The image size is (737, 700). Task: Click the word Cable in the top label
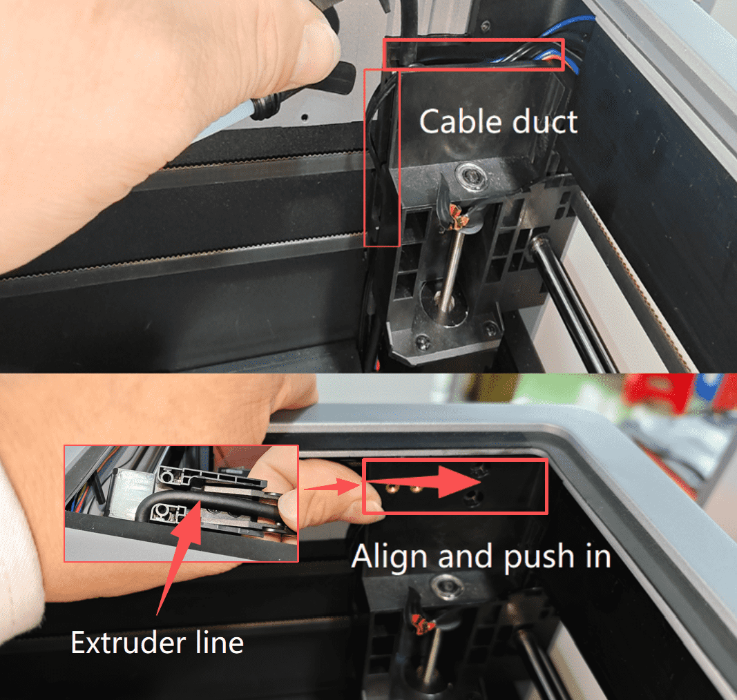coord(460,121)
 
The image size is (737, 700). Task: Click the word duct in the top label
coord(544,121)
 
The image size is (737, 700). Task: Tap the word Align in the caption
coord(391,557)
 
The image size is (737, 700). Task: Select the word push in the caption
coord(539,558)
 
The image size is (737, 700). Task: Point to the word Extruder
coord(127,642)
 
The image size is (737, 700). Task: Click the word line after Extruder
coord(220,642)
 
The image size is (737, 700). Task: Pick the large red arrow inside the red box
coord(425,482)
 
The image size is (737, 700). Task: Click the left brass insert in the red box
coord(391,489)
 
